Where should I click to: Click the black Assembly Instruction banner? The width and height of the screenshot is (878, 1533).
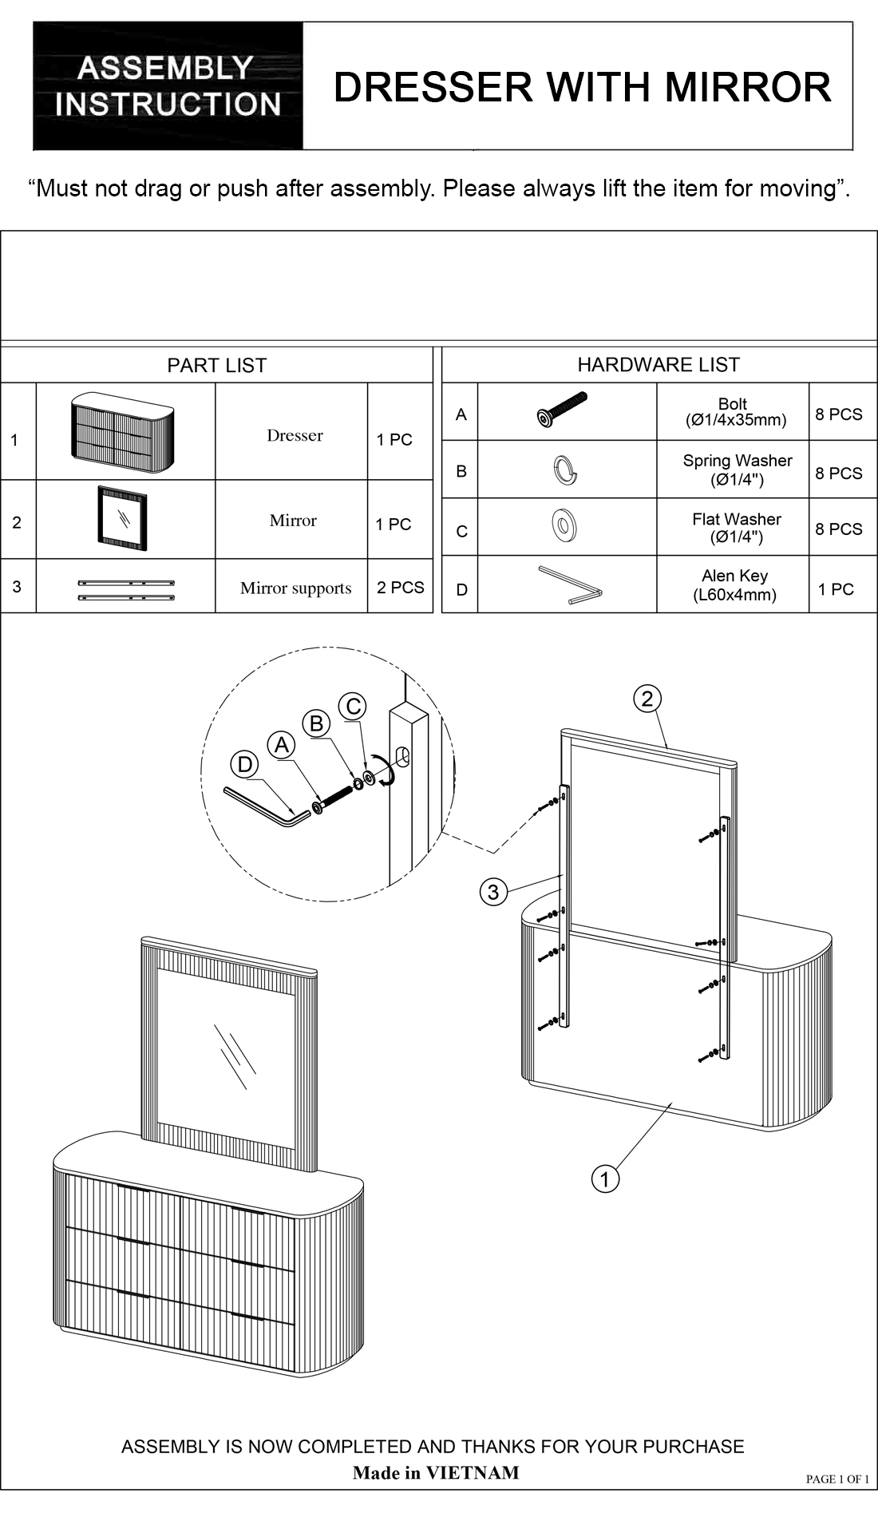point(168,85)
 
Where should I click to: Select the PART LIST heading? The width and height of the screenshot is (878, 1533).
point(216,366)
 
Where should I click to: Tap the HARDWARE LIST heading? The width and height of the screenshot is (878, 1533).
point(658,365)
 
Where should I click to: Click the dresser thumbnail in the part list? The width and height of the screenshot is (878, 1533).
point(124,432)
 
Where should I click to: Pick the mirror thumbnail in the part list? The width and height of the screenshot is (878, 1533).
point(122,517)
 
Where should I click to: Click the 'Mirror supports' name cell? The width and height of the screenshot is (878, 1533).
point(295,588)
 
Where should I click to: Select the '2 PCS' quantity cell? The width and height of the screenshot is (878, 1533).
point(400,588)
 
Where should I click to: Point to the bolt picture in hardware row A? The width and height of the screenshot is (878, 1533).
point(562,409)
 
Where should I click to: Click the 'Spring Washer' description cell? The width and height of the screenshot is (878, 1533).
point(737,469)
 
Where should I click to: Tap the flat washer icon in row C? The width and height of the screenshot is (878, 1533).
point(564,525)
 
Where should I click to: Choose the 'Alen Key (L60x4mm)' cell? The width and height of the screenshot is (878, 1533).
point(734,585)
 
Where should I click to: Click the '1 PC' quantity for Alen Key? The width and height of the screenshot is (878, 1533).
point(836,590)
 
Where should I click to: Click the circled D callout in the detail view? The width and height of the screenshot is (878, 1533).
point(245,765)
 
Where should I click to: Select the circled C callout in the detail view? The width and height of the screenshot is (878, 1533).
point(353,707)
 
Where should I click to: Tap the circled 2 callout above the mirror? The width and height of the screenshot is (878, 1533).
point(647,699)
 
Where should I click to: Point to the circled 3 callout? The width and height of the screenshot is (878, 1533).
point(493,892)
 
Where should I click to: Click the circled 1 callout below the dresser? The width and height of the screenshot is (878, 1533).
point(605,1178)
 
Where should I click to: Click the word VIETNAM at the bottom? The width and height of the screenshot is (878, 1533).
point(472,1472)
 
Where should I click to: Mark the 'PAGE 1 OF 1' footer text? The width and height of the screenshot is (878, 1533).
point(837,1479)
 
